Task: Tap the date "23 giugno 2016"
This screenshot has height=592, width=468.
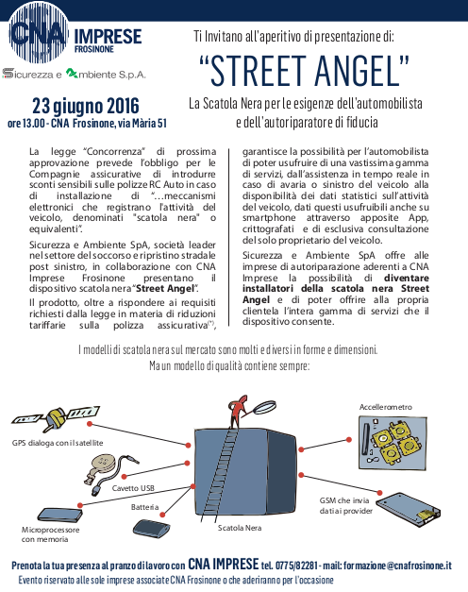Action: click(x=86, y=104)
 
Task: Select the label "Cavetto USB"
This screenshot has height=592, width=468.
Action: click(x=133, y=488)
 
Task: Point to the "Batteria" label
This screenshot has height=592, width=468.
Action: click(x=144, y=507)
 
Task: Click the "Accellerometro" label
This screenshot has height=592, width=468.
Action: click(x=387, y=406)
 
